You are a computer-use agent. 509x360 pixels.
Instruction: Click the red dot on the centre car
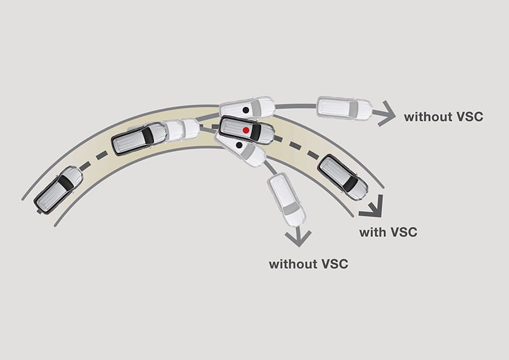246,130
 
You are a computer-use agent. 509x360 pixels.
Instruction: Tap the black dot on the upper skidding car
246,109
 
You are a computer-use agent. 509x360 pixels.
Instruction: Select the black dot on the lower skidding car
239,145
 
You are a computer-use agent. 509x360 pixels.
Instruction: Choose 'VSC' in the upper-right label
469,117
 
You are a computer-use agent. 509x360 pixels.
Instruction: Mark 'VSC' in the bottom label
334,264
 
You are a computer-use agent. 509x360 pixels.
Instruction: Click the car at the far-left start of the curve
58,188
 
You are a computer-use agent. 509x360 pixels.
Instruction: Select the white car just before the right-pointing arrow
344,108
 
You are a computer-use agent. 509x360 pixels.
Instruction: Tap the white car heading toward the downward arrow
286,199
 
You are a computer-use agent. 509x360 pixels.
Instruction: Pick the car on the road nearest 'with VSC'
343,177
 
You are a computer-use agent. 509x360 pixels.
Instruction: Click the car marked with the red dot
246,130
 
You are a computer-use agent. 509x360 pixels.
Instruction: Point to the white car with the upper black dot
247,107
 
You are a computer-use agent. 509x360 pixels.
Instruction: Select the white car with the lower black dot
240,148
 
